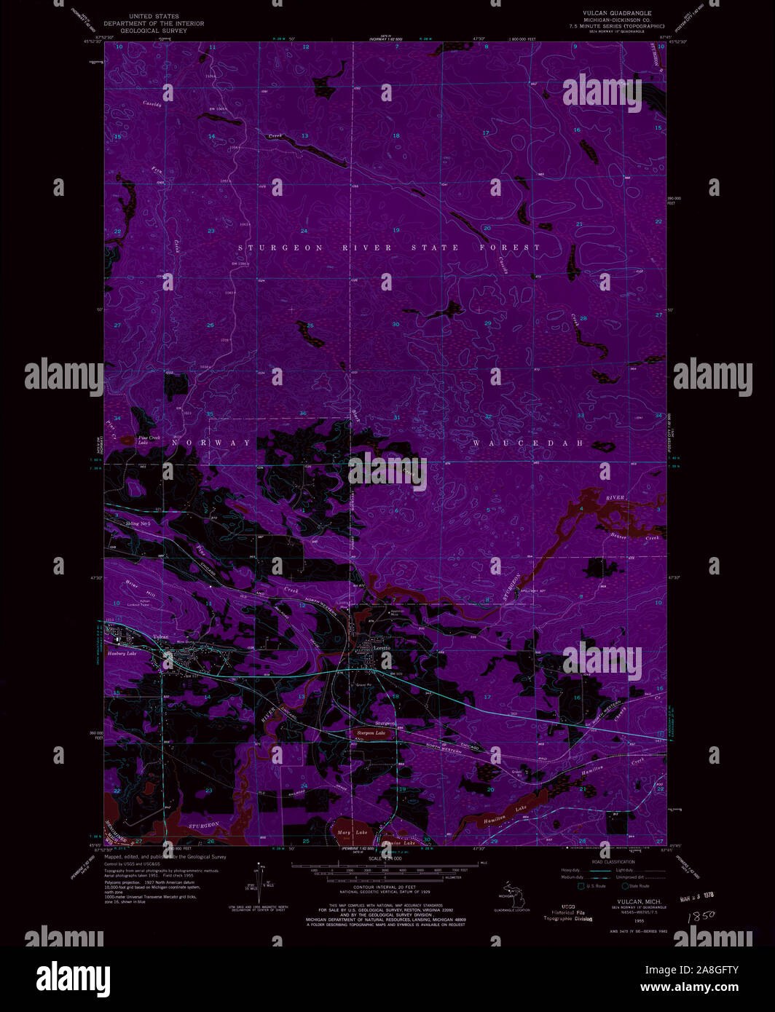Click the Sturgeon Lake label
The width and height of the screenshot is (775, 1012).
point(370,733)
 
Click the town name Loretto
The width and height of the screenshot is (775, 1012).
point(382,647)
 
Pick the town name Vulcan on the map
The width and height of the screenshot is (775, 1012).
point(160,637)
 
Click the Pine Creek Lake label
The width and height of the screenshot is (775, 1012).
point(149,440)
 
